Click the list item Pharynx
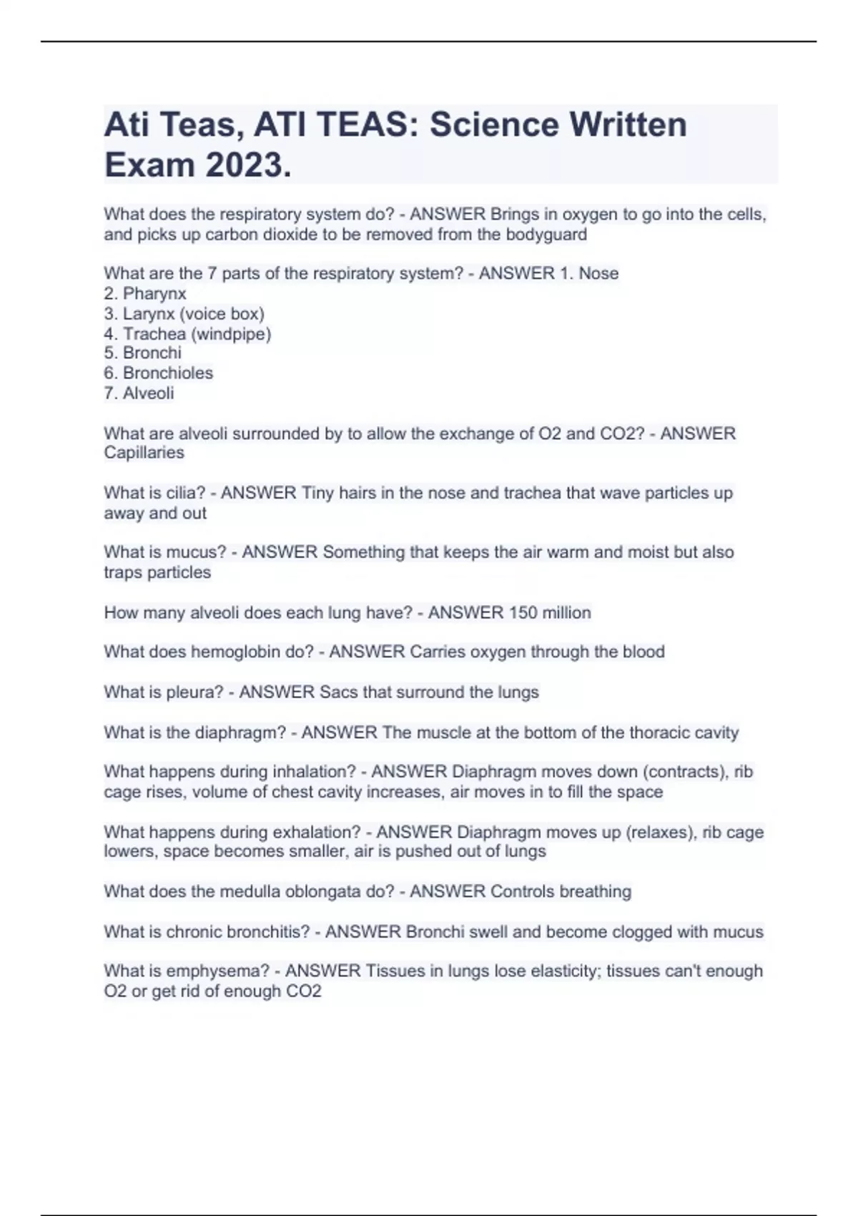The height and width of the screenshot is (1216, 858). coord(154,293)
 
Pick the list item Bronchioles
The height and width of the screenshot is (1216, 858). coord(167,373)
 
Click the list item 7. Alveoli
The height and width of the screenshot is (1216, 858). coord(139,393)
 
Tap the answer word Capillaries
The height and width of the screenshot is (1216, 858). coord(144,453)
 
